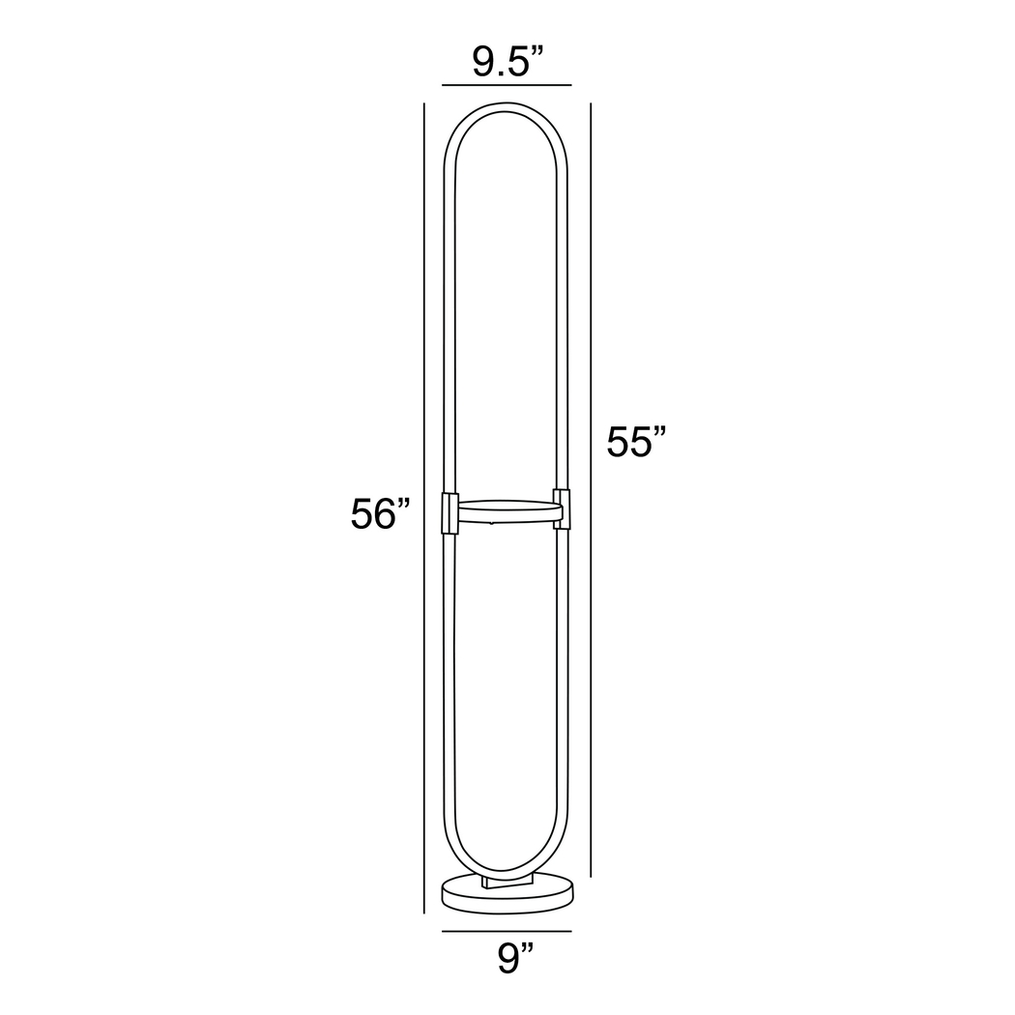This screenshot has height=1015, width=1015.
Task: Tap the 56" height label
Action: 381,514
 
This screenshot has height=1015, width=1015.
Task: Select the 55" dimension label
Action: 637,442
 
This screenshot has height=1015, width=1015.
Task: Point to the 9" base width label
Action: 515,959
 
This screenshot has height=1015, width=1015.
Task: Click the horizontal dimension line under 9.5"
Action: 507,86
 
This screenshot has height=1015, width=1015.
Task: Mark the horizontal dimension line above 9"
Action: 507,931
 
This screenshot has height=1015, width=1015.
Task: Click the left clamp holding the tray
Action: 449,512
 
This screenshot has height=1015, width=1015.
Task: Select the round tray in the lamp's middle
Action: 506,511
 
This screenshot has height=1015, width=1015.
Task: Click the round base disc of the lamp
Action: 507,893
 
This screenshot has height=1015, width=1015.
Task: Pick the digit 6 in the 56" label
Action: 388,514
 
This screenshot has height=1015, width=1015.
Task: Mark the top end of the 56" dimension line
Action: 423,103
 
